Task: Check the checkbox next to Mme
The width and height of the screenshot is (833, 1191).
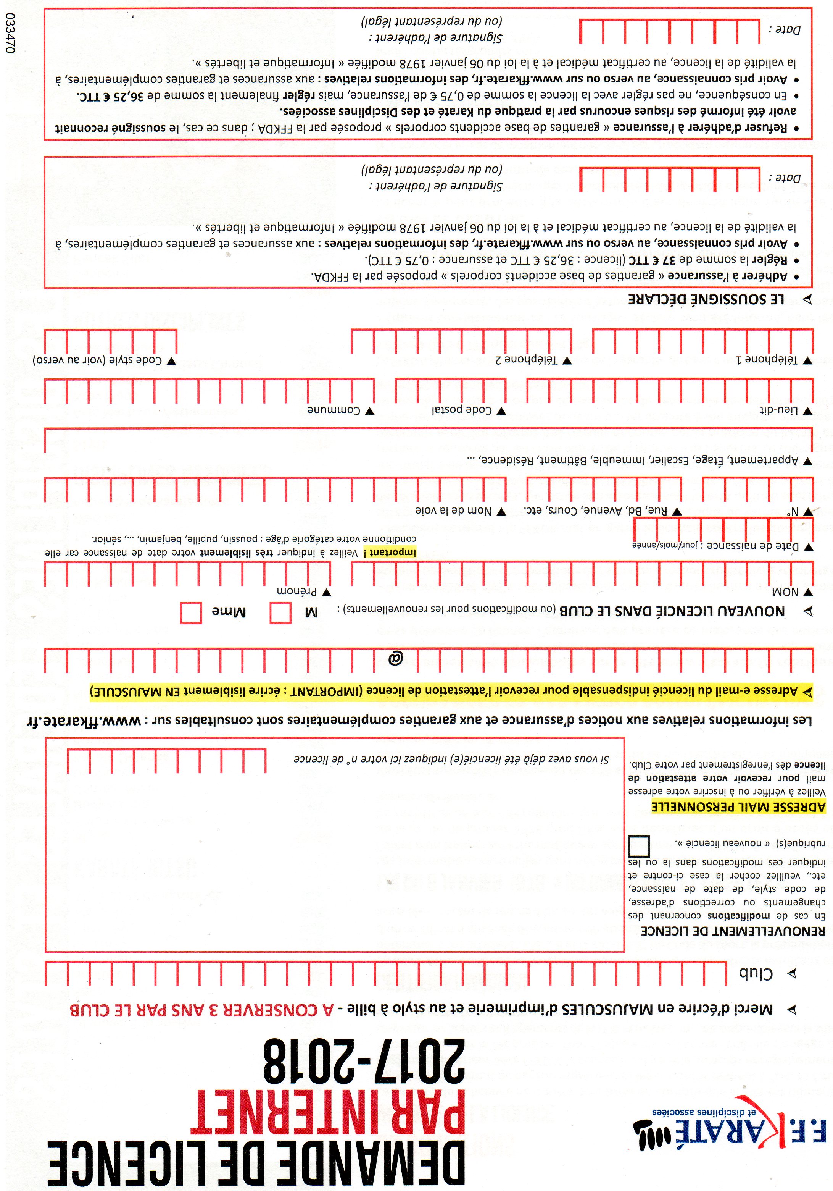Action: (x=191, y=612)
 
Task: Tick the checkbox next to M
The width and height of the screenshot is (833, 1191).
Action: (x=280, y=612)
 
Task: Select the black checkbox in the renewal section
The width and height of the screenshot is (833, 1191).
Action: (x=639, y=846)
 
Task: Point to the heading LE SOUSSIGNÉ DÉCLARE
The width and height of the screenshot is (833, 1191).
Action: (x=706, y=299)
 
